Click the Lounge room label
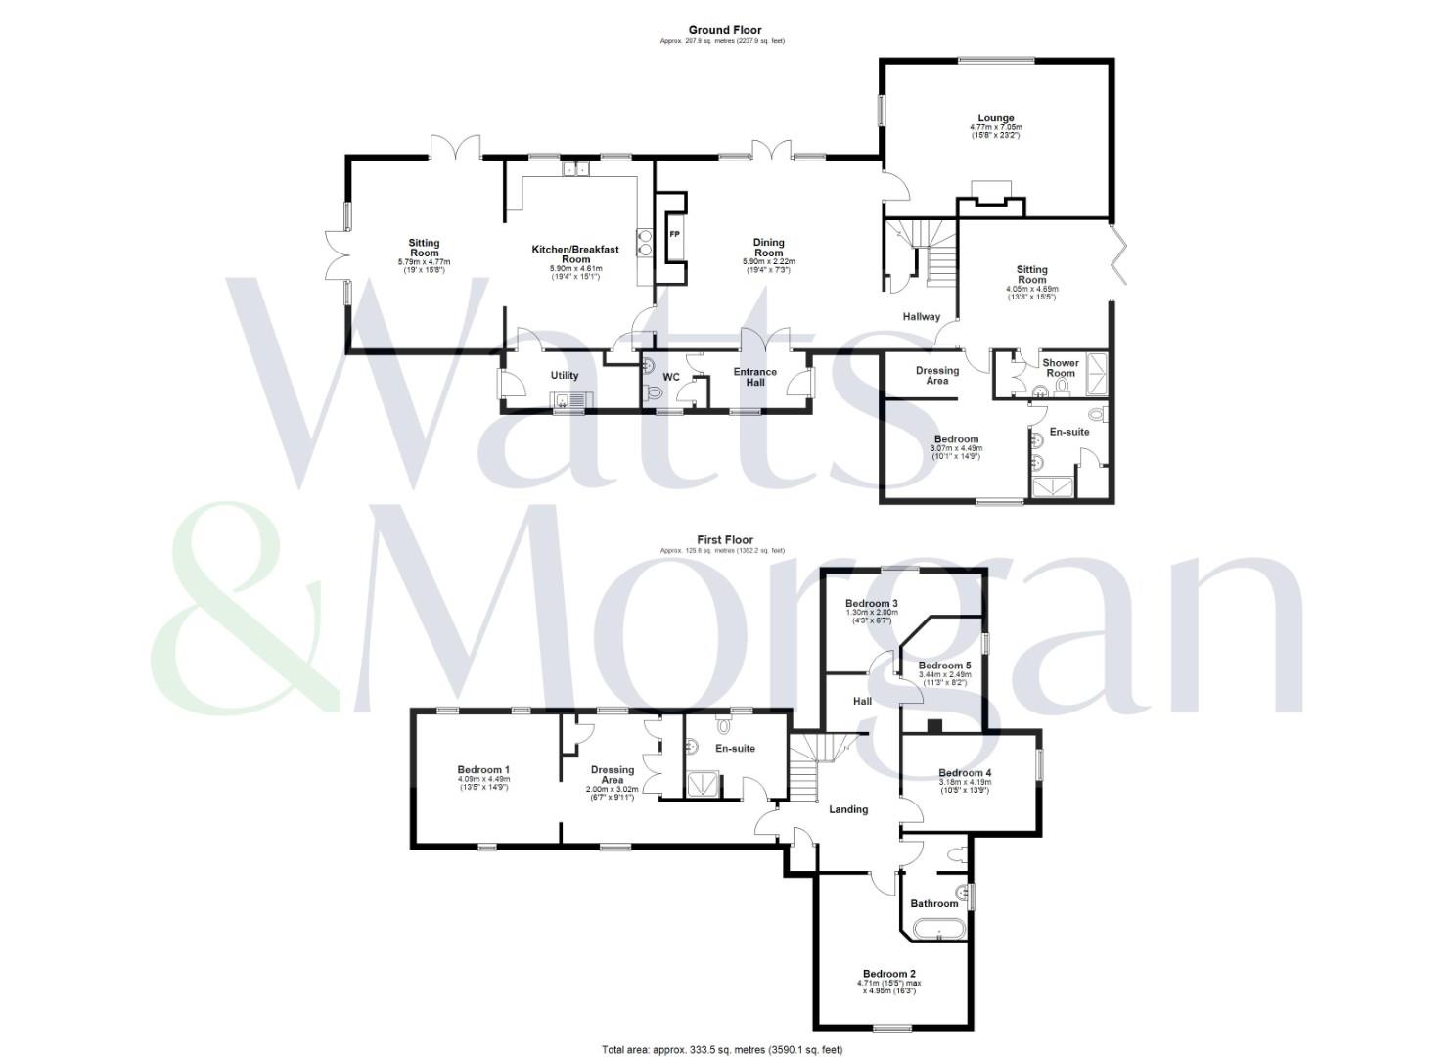995,118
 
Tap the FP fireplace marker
674,235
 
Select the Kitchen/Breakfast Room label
575,254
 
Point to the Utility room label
565,376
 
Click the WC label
671,377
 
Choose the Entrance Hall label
755,377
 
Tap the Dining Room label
768,248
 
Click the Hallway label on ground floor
921,317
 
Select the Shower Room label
1061,368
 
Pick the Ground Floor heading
724,30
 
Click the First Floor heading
724,539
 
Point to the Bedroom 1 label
483,770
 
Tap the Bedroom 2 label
888,974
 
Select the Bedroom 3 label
872,604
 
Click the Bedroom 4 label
965,773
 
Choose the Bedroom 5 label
944,666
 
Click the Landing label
848,809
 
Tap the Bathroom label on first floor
934,903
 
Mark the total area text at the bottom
722,1050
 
